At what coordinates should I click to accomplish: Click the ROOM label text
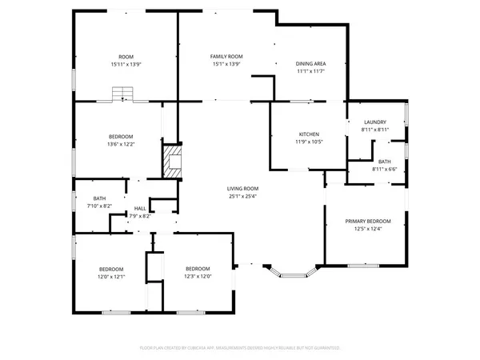coord(126,57)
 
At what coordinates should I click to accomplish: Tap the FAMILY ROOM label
coord(226,57)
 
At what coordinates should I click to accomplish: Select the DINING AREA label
coord(310,64)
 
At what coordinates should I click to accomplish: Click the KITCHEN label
coord(310,134)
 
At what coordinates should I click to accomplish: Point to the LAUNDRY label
coord(374,122)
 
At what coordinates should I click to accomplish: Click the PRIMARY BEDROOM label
coord(368,222)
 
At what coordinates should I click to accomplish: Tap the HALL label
coord(140,208)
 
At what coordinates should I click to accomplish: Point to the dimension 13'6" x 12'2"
coord(122,144)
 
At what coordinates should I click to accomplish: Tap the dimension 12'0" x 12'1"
coord(111,276)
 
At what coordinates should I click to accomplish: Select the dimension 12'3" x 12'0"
coord(198,276)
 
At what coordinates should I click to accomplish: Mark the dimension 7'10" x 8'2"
coord(100,206)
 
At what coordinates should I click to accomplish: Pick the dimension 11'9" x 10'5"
coord(310,142)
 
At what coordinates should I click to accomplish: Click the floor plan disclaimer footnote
coord(240,349)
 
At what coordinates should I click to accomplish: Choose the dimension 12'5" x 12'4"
coord(368,229)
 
